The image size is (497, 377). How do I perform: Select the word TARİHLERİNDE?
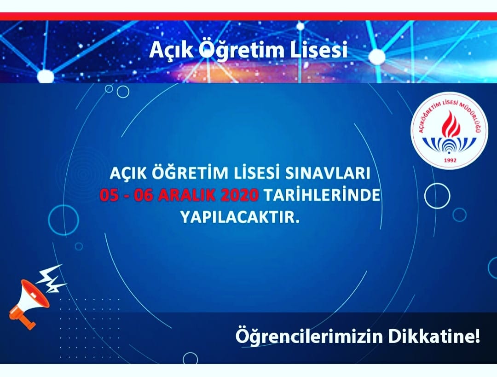[x=322, y=195]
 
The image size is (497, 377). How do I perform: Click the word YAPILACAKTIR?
[x=240, y=218]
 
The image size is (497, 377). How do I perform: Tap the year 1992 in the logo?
[x=450, y=160]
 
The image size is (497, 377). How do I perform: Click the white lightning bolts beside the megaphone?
[x=51, y=278]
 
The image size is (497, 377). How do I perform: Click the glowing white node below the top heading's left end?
[x=45, y=76]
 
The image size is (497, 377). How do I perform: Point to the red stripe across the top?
[x=248, y=17]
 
